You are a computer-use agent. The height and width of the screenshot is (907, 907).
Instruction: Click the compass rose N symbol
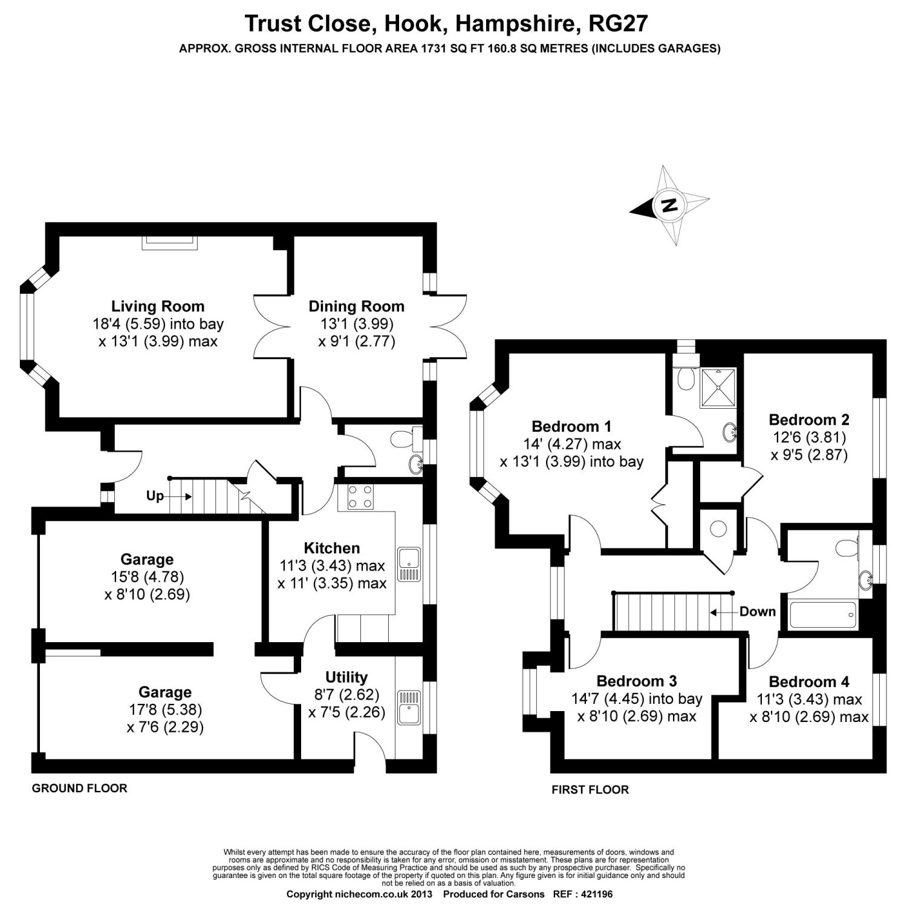pos(669,205)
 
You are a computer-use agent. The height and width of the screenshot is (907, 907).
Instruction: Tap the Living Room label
pos(158,307)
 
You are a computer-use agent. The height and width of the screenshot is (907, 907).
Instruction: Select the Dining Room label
pos(356,307)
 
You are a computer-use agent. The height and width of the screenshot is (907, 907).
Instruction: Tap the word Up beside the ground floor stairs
pos(155,496)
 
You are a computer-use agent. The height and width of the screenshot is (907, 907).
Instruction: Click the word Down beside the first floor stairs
pos(757,611)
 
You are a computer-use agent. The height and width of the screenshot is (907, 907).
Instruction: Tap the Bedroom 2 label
pos(809,420)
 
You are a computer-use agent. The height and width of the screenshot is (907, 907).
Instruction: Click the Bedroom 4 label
pos(809,682)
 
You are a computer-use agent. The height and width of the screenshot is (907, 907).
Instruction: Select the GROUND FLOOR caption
pos(79,788)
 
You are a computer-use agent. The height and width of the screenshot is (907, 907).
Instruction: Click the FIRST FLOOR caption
pos(590,790)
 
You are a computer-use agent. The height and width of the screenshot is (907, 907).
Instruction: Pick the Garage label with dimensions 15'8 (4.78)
pos(147,560)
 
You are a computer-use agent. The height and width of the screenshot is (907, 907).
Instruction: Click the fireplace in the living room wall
pos(170,241)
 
